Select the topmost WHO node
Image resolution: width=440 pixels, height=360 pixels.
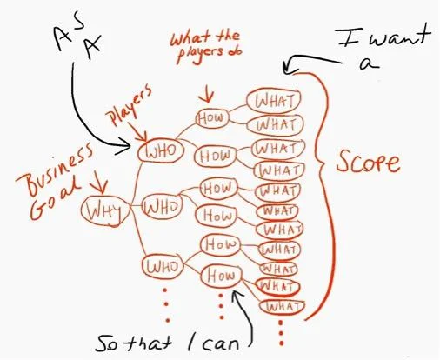coord(161,150)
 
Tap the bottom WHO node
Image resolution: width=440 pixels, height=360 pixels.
coord(163,267)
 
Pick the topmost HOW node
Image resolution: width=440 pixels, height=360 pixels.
coord(212,118)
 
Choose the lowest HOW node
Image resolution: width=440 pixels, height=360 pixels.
coord(222,276)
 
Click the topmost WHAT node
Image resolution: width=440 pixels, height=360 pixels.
coord(274,100)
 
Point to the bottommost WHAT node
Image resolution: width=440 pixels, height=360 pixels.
coord(282,307)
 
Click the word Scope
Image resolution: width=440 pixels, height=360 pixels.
coord(368,162)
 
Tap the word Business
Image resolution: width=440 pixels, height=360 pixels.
coord(55,168)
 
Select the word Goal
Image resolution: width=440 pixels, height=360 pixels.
coord(55,200)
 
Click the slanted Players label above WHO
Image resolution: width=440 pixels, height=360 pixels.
coord(129,106)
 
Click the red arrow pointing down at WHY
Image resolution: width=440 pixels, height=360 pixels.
coord(98,183)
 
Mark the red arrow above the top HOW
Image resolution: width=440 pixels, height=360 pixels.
coord(208,93)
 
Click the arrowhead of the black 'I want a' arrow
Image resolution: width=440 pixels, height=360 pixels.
coord(287,67)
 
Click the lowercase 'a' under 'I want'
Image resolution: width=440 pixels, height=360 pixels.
coord(369,63)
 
